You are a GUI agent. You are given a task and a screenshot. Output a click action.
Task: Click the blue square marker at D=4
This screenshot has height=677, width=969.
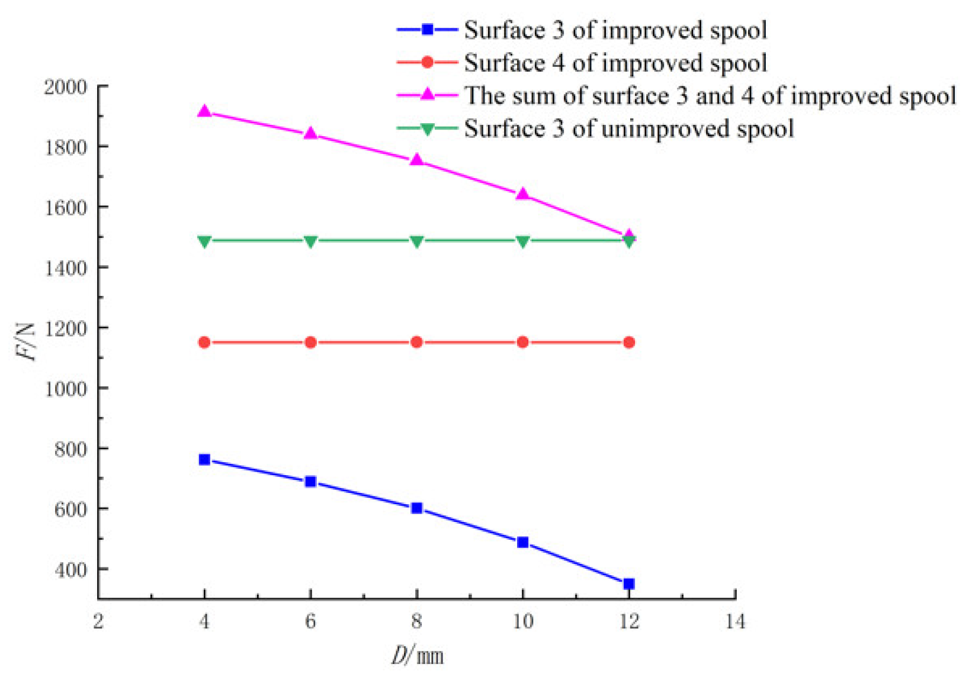coord(204,460)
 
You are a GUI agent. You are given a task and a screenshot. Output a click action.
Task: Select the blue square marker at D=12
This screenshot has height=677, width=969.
coord(629,584)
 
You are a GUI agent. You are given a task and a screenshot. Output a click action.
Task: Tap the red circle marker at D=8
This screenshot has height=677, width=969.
coord(416,343)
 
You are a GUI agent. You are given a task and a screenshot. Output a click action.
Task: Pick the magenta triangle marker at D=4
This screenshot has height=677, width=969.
coord(204,111)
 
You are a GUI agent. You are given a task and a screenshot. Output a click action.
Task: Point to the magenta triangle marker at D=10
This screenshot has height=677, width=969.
coord(522,194)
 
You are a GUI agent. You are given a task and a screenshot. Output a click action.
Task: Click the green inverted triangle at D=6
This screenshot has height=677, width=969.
coord(310,241)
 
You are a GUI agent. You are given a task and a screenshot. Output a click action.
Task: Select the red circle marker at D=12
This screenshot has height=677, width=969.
coord(629,343)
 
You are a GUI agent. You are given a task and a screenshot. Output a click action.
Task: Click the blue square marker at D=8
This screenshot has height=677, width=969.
coord(416,508)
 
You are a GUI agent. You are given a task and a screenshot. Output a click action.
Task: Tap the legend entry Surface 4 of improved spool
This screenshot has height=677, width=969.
coord(615,63)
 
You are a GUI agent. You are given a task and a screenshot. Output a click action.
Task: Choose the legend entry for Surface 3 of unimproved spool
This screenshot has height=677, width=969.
coord(628,128)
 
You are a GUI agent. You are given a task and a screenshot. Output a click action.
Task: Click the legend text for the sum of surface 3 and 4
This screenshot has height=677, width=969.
coord(710,95)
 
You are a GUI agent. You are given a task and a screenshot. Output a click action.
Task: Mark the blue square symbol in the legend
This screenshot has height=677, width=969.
coord(427,29)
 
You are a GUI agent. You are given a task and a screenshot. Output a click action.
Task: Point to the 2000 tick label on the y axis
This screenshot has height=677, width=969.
coord(65,87)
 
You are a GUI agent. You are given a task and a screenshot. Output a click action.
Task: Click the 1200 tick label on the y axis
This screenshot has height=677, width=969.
coord(65,328)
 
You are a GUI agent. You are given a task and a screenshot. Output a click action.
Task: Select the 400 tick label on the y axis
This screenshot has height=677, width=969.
coord(70,569)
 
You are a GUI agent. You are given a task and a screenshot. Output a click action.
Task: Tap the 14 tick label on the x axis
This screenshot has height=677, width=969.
coord(735,621)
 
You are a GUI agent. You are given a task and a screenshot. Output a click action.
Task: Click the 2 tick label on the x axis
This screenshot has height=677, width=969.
coord(98,621)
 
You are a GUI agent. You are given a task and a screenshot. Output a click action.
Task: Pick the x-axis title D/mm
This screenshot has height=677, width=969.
coord(417,656)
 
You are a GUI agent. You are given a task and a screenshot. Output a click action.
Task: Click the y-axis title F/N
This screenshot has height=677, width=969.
coord(25,342)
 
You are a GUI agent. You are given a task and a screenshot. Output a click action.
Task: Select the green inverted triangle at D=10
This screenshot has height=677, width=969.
coord(522,241)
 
